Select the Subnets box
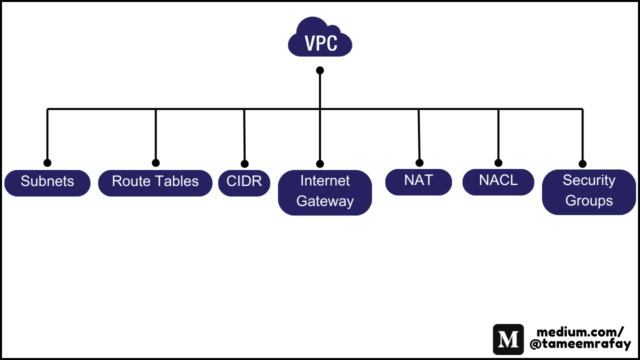(47, 183)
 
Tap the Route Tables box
(155, 183)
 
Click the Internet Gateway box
(324, 192)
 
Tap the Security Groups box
(589, 192)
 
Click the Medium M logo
(508, 339)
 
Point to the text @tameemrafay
(580, 344)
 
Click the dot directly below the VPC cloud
(320, 70)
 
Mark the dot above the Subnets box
(47, 162)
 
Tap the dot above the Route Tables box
(155, 162)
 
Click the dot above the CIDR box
(244, 163)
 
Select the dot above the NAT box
(419, 162)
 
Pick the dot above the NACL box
(498, 162)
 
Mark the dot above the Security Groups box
(582, 163)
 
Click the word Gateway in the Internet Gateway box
(325, 201)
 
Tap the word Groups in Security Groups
(589, 200)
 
